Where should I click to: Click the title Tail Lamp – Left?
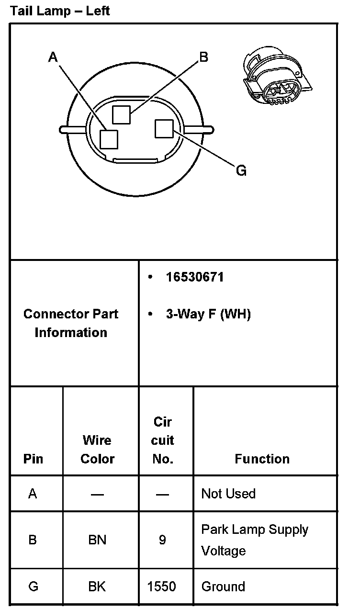tap(60, 11)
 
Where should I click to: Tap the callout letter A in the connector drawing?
tap(53, 57)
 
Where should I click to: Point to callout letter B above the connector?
tap(203, 57)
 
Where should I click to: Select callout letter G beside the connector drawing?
tap(241, 170)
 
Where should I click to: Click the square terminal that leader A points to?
tap(109, 139)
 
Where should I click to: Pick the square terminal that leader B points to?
tap(121, 114)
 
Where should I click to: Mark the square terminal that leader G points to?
tap(164, 129)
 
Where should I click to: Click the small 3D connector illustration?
tap(277, 77)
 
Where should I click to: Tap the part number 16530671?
tap(195, 277)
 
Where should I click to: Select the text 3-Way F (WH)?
tap(208, 314)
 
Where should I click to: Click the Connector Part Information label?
tap(71, 323)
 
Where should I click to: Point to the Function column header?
tap(262, 459)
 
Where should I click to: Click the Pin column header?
tap(33, 459)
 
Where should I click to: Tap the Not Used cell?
tap(228, 494)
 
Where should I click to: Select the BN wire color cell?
tap(97, 540)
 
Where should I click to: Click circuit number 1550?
tap(162, 586)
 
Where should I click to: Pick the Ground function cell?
tap(223, 586)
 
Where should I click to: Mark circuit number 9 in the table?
tap(162, 540)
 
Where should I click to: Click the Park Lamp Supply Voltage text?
tap(254, 540)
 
